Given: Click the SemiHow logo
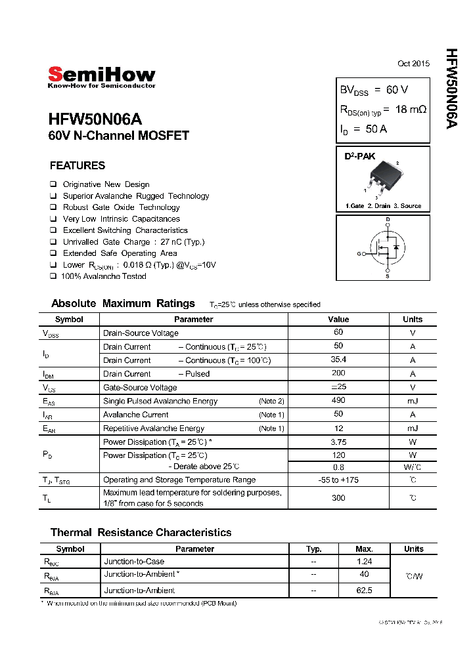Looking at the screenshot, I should [x=101, y=76].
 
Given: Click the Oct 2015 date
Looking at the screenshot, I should [x=413, y=64].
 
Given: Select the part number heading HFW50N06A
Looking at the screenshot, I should [x=95, y=120].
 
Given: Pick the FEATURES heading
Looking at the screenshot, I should [x=78, y=166].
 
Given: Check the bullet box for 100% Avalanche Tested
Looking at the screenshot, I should [x=53, y=276].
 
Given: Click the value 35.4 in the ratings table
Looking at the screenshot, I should [x=338, y=360].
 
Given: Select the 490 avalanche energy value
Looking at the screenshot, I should [x=338, y=401].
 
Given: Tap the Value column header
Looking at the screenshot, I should [x=338, y=320].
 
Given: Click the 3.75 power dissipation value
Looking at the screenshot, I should [x=338, y=442].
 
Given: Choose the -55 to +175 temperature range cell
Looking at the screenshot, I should [x=338, y=480].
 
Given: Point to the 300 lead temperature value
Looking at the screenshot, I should [x=338, y=498].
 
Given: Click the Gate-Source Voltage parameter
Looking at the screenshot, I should [x=140, y=387].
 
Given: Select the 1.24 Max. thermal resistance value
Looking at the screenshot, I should [x=364, y=562].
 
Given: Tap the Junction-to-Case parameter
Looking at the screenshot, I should [x=134, y=562].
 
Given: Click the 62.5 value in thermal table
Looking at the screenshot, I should [x=364, y=591].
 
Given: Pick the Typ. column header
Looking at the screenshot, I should [x=314, y=549].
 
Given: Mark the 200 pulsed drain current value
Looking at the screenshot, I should [x=338, y=373].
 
